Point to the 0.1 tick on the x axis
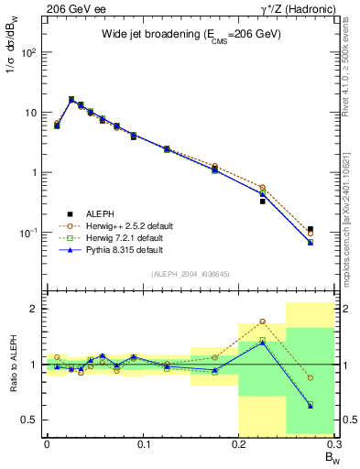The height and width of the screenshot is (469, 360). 143,443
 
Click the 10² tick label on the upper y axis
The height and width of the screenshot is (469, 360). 28,52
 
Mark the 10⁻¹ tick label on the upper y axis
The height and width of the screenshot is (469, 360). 28,233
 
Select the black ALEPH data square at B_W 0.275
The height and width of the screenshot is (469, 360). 311,229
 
